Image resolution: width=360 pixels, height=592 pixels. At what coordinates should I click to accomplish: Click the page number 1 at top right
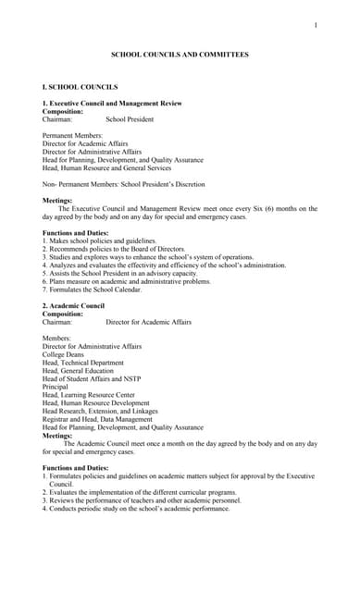click(316, 25)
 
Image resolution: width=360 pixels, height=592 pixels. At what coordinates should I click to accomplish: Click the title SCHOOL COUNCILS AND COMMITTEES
click(180, 55)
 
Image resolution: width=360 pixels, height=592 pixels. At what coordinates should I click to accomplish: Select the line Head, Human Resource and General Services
click(106, 168)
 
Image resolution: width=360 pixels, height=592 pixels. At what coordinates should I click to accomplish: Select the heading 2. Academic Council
click(74, 305)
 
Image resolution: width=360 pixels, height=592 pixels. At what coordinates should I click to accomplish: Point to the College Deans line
click(63, 354)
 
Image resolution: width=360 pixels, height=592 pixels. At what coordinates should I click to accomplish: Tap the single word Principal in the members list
click(56, 387)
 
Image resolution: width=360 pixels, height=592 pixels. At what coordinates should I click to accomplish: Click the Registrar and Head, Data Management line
click(97, 419)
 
